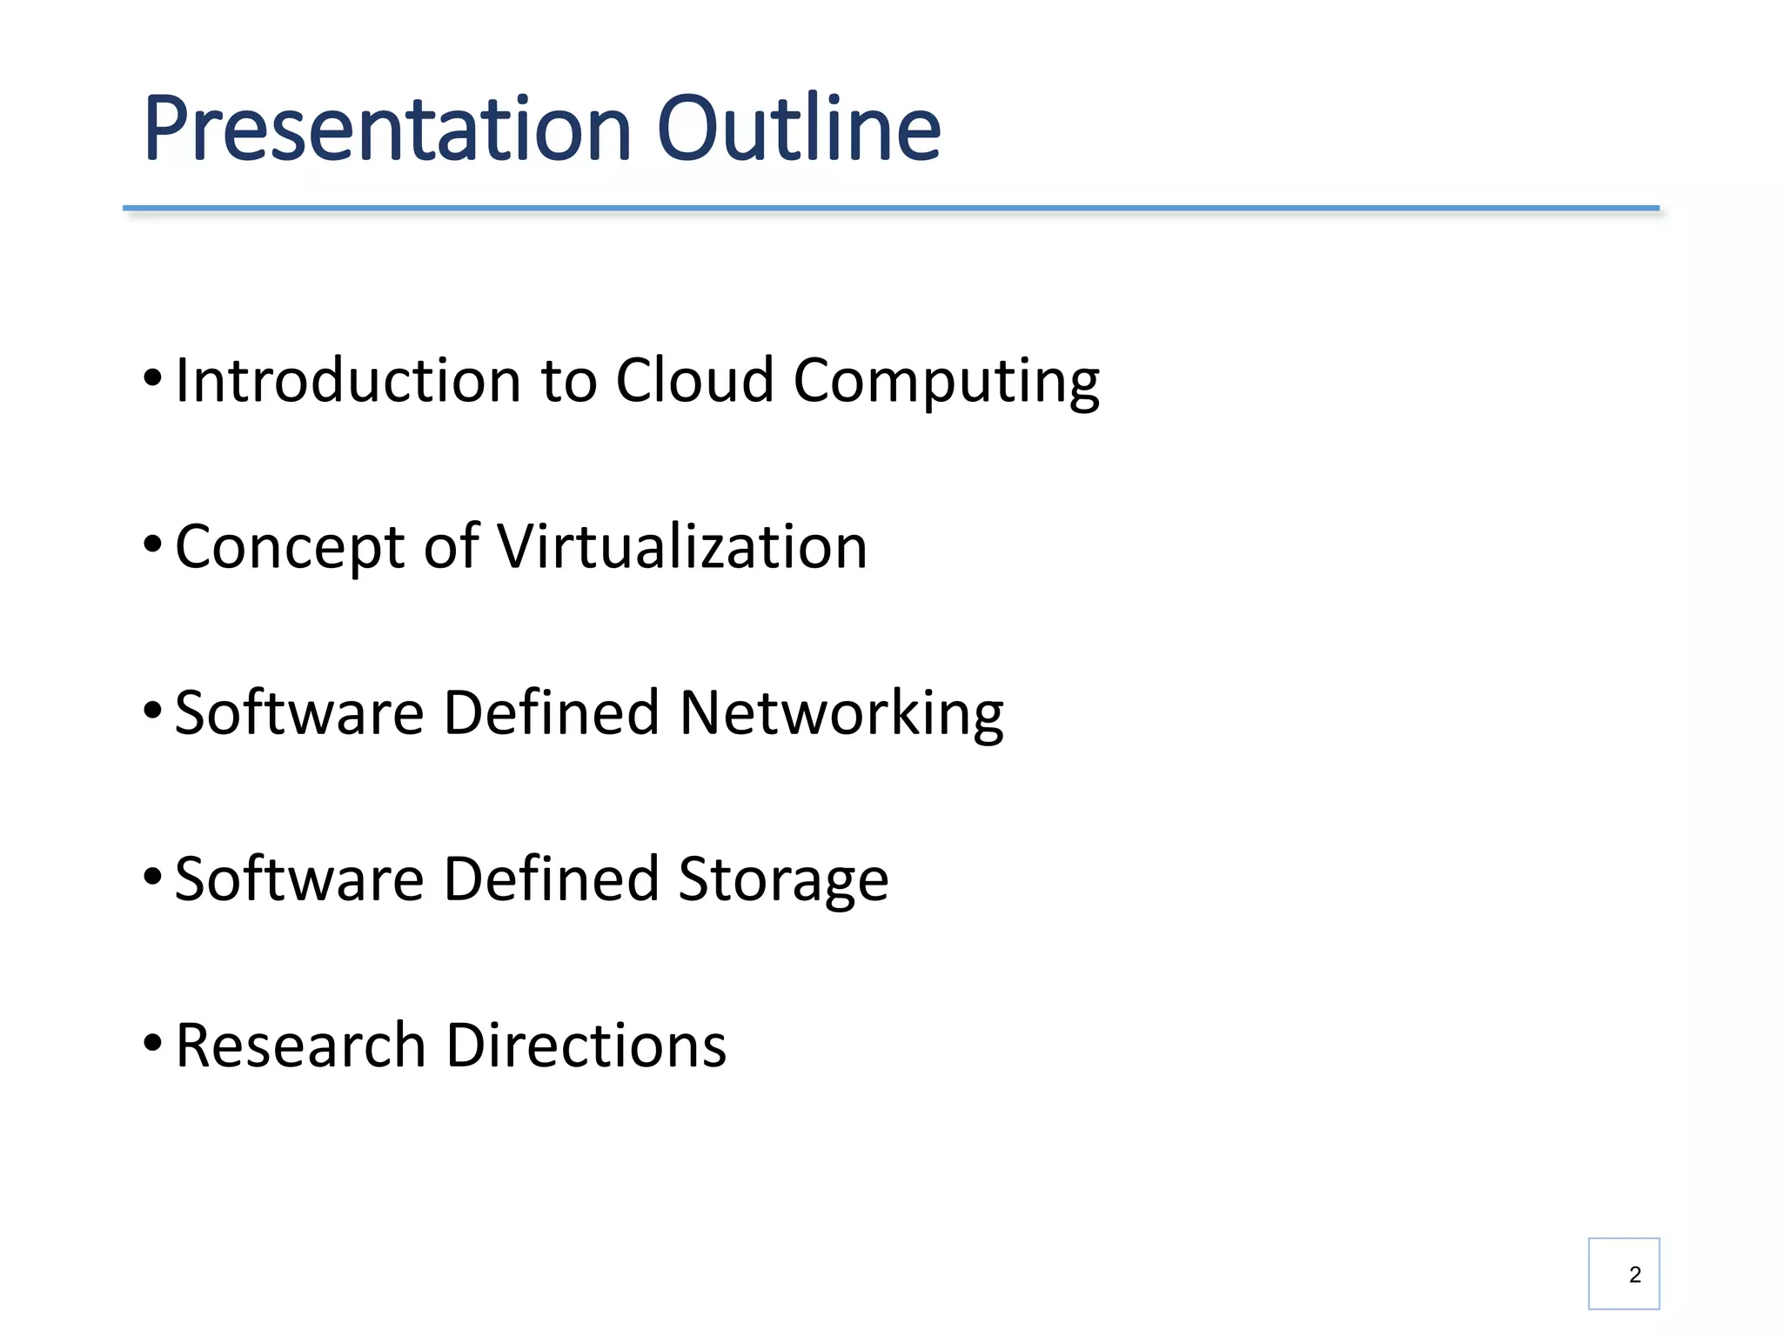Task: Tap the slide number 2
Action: click(1635, 1274)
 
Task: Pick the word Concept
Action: click(291, 547)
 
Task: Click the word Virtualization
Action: click(681, 547)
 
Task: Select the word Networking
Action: click(841, 713)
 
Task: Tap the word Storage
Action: click(783, 879)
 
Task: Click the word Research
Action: click(300, 1045)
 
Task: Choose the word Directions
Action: click(586, 1045)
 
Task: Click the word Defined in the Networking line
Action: click(551, 713)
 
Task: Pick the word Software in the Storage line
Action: click(299, 879)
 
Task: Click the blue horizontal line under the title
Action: click(891, 209)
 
